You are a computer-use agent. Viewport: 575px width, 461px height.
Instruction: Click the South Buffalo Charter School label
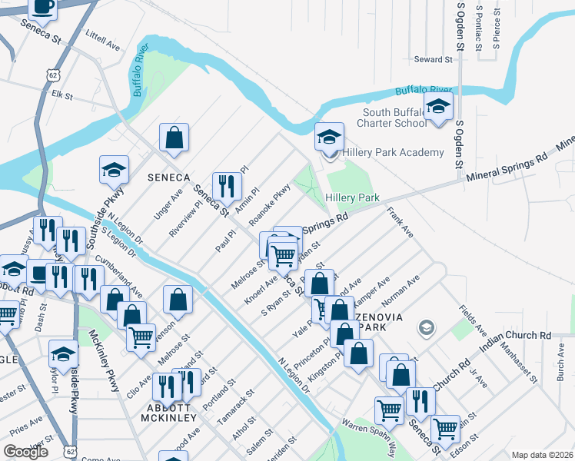click(394, 118)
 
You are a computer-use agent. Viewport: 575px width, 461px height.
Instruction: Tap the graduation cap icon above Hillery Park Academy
click(329, 138)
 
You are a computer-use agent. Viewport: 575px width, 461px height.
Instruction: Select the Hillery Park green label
click(353, 197)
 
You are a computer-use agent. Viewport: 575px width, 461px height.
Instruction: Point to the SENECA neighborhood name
click(168, 177)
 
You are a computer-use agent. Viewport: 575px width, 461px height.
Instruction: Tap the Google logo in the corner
click(25, 452)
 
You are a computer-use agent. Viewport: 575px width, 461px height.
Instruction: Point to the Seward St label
click(433, 59)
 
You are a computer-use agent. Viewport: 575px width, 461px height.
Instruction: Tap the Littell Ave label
click(104, 41)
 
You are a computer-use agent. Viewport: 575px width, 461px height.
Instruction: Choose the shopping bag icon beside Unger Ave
click(174, 138)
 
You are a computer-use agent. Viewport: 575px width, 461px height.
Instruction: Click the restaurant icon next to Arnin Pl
click(227, 185)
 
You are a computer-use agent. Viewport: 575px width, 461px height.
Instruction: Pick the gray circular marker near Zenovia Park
click(425, 329)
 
